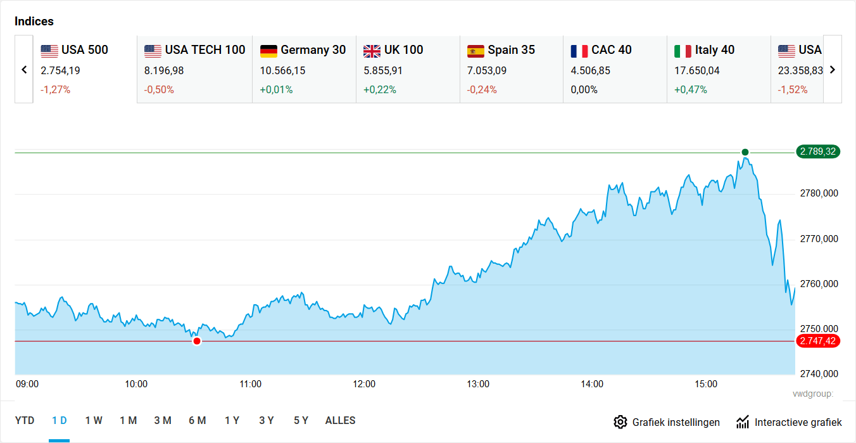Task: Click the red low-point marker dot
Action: (x=197, y=342)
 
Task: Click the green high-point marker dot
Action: (x=745, y=152)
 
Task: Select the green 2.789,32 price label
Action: (x=818, y=151)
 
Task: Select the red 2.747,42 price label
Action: (x=818, y=342)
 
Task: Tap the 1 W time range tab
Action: (x=94, y=421)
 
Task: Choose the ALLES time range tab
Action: (x=340, y=421)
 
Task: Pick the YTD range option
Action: (x=25, y=421)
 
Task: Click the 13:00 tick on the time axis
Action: (x=478, y=384)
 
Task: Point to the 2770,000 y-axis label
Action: (x=819, y=239)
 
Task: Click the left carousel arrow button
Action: (x=24, y=70)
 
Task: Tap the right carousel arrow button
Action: (x=833, y=70)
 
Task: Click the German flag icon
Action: (x=268, y=51)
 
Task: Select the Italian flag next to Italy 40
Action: (x=683, y=51)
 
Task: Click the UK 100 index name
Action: (x=403, y=50)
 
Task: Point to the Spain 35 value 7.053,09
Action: (x=486, y=70)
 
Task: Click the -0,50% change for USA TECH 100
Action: (x=159, y=90)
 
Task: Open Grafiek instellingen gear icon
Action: (x=620, y=422)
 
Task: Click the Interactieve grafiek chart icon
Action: (x=743, y=422)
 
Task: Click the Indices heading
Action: (x=34, y=21)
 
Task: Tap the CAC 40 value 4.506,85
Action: (x=590, y=70)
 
